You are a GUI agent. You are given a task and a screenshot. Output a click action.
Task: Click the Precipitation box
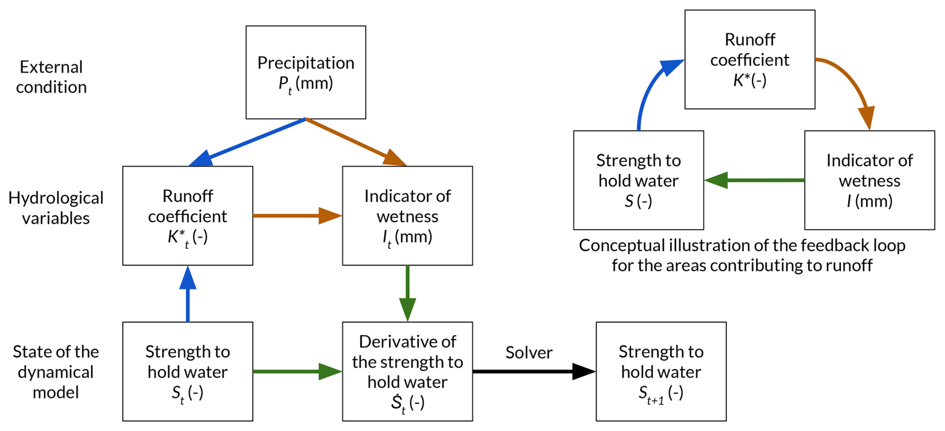point(306,72)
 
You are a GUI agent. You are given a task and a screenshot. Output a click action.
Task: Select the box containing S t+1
point(661,371)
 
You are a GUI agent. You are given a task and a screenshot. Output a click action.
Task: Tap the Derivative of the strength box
point(407,371)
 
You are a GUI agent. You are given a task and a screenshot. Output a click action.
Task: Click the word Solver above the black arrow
point(529,353)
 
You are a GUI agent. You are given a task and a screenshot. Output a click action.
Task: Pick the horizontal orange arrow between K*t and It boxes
point(297,216)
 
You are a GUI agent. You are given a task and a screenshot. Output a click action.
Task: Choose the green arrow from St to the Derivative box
point(297,371)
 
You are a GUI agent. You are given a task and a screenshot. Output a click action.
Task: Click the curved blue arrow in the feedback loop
point(649,90)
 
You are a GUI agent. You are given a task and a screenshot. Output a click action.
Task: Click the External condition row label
point(51,77)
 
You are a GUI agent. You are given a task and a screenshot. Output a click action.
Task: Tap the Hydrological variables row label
point(56,208)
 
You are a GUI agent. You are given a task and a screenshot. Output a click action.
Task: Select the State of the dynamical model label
point(56,372)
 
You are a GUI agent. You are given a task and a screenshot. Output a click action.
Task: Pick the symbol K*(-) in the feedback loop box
point(749,80)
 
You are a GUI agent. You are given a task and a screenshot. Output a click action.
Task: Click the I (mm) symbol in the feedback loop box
point(869,201)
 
